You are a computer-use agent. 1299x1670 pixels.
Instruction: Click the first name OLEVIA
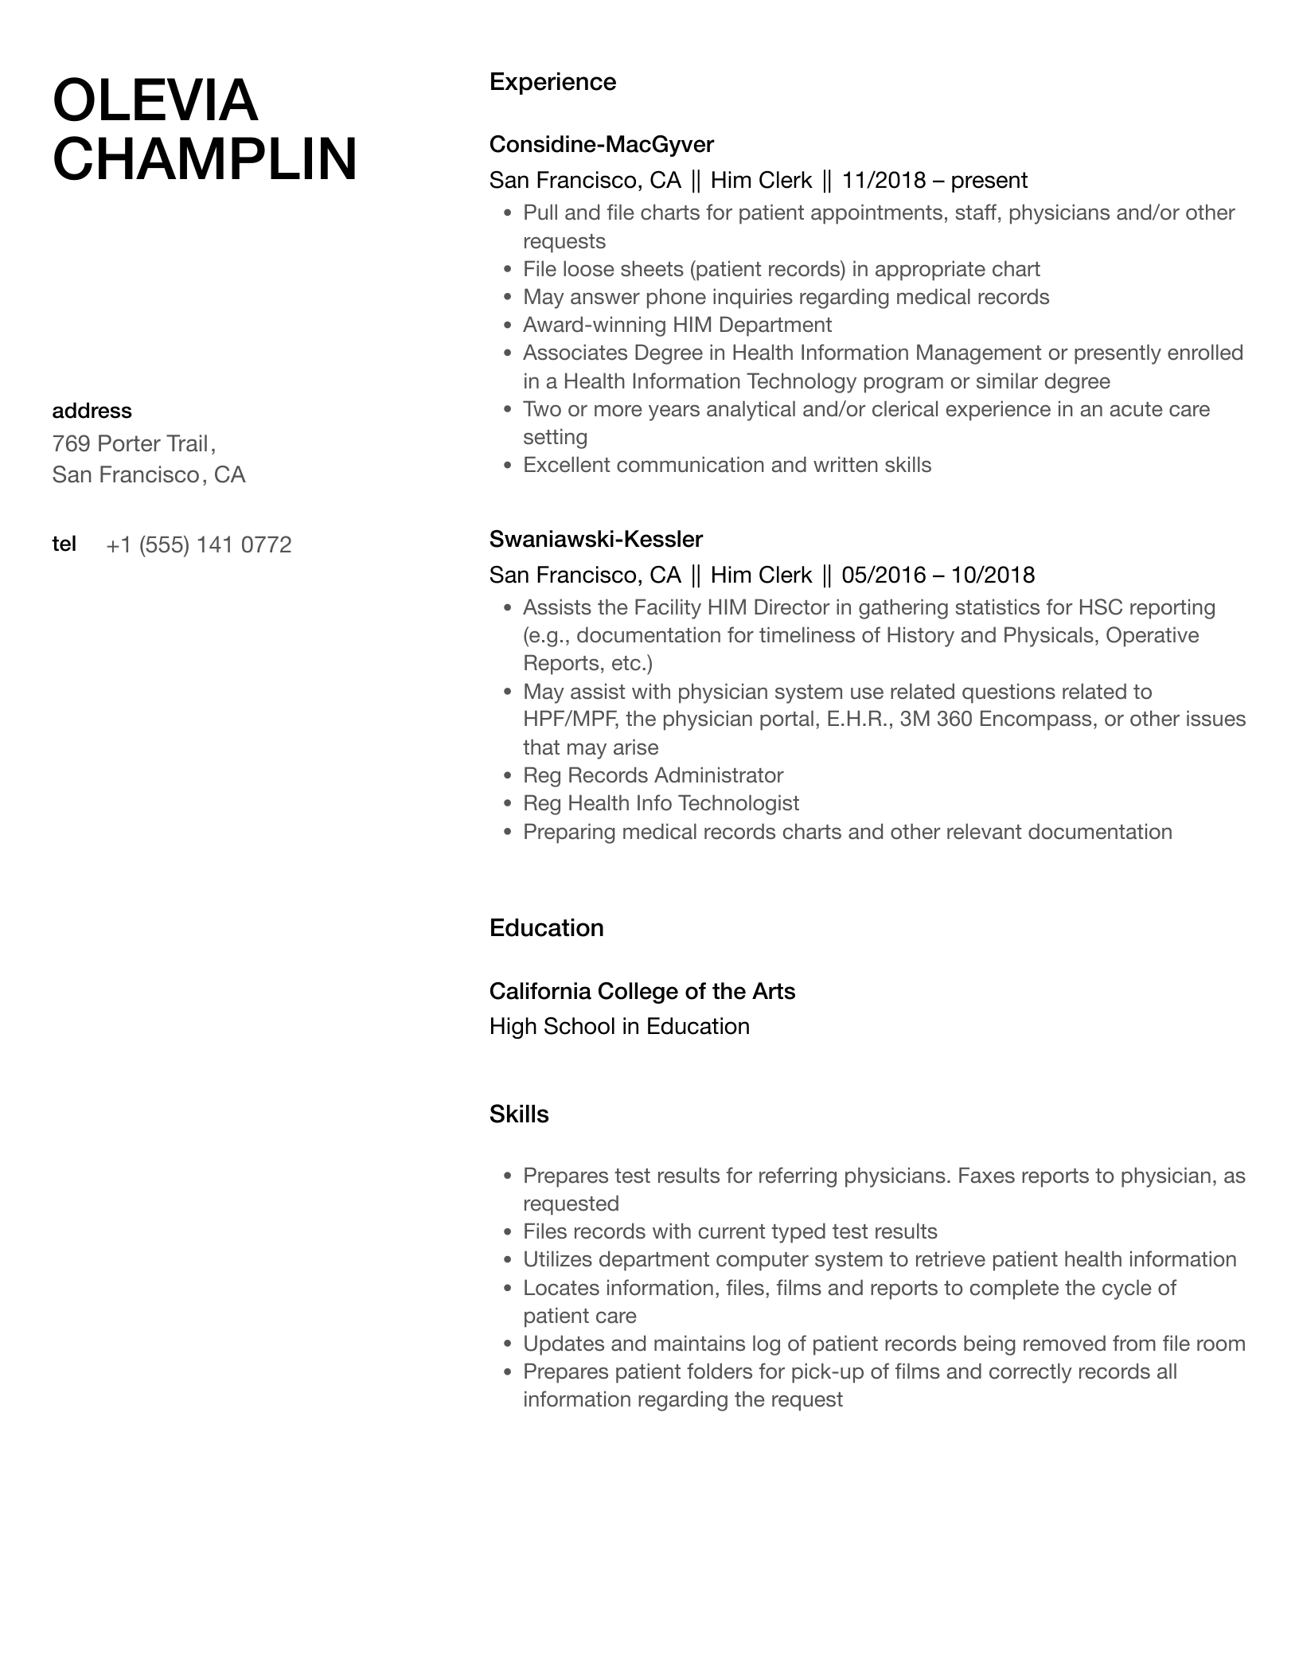click(x=155, y=101)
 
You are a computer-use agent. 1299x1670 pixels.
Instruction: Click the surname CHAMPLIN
click(x=205, y=159)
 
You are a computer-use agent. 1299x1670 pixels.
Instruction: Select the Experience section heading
click(x=552, y=82)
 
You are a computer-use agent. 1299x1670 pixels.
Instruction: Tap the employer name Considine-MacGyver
click(x=601, y=144)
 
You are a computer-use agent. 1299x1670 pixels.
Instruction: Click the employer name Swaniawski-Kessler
click(x=595, y=539)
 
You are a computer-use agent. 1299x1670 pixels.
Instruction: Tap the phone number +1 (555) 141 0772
click(x=199, y=544)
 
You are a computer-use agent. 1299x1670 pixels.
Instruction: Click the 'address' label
click(x=92, y=411)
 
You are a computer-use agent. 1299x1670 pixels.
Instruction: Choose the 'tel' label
click(x=64, y=544)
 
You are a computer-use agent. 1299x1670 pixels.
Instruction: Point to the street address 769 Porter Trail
click(x=131, y=443)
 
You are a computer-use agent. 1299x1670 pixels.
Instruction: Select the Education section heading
click(x=546, y=928)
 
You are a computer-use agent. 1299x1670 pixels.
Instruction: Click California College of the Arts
click(x=642, y=991)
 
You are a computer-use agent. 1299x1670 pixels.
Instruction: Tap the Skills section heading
click(x=519, y=1114)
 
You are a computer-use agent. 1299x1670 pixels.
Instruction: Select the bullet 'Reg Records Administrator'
click(x=653, y=775)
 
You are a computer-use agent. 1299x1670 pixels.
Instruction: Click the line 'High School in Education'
click(x=619, y=1026)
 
